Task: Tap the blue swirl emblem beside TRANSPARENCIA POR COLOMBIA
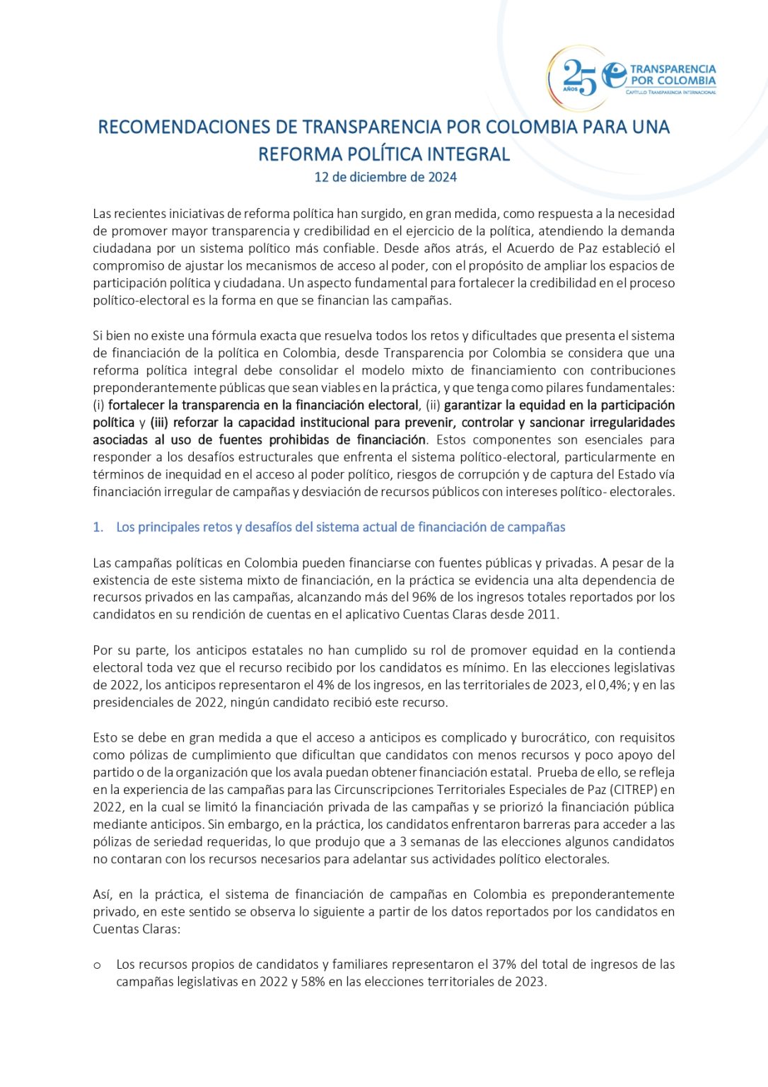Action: point(613,74)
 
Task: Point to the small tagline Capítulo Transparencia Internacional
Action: point(670,92)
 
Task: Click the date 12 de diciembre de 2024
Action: point(385,177)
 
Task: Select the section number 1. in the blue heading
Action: point(98,527)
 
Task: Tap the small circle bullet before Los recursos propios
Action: point(97,965)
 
